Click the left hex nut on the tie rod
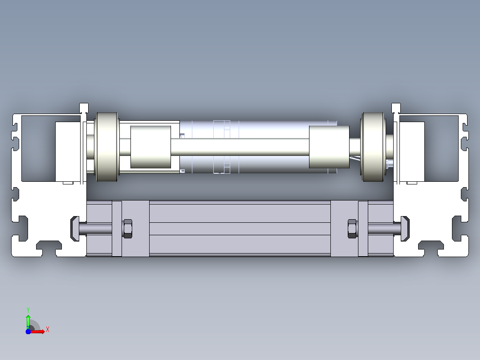tap(128, 229)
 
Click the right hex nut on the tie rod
tap(352, 229)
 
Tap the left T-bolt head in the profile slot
tap(75, 229)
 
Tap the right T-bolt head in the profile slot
tap(405, 229)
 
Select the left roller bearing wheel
tap(107, 147)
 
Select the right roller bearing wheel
tap(373, 147)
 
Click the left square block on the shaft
tap(151, 147)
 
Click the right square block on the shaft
tap(329, 147)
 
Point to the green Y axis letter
tap(28, 310)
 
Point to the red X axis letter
tap(48, 330)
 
